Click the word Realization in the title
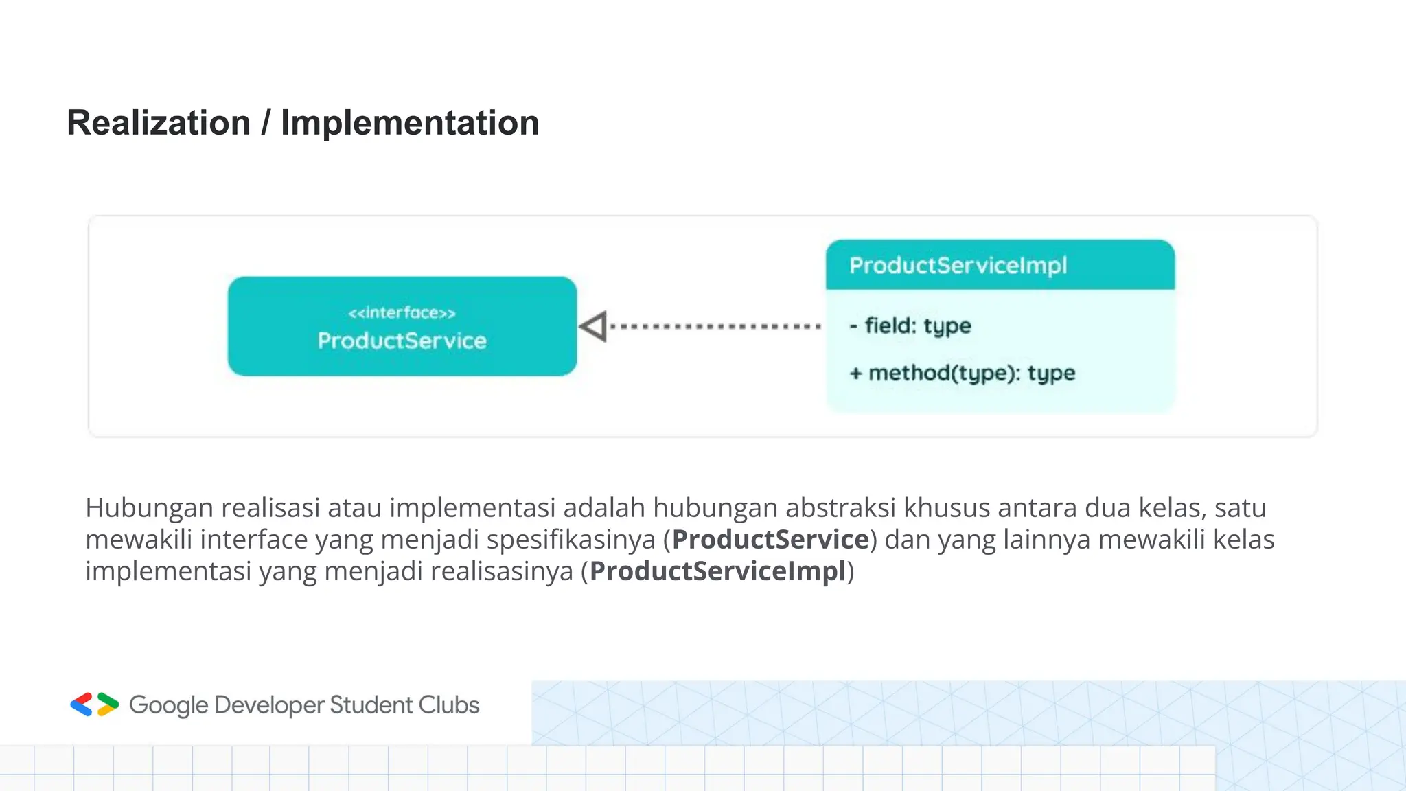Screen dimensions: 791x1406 pyautogui.click(x=159, y=123)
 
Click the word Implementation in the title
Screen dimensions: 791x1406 pyautogui.click(x=410, y=123)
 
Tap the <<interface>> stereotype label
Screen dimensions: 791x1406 pyautogui.click(x=402, y=313)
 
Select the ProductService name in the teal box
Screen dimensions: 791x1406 pyautogui.click(x=402, y=341)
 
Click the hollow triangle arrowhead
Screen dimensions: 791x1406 pyautogui.click(x=595, y=326)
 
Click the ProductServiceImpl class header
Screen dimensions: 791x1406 pyautogui.click(x=958, y=265)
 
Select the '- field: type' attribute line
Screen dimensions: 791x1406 pyautogui.click(x=910, y=325)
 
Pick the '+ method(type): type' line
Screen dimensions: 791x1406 pyautogui.click(x=963, y=373)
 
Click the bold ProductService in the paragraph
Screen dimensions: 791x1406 pyautogui.click(x=770, y=539)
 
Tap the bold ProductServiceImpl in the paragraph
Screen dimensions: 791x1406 pyautogui.click(x=717, y=571)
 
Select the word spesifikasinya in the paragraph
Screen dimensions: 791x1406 pyautogui.click(x=571, y=540)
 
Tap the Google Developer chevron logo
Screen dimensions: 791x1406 pyautogui.click(x=95, y=704)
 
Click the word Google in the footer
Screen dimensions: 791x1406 pyautogui.click(x=168, y=705)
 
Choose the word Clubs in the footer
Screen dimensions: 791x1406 pyautogui.click(x=449, y=705)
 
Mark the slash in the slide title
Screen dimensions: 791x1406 pyautogui.click(x=266, y=124)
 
